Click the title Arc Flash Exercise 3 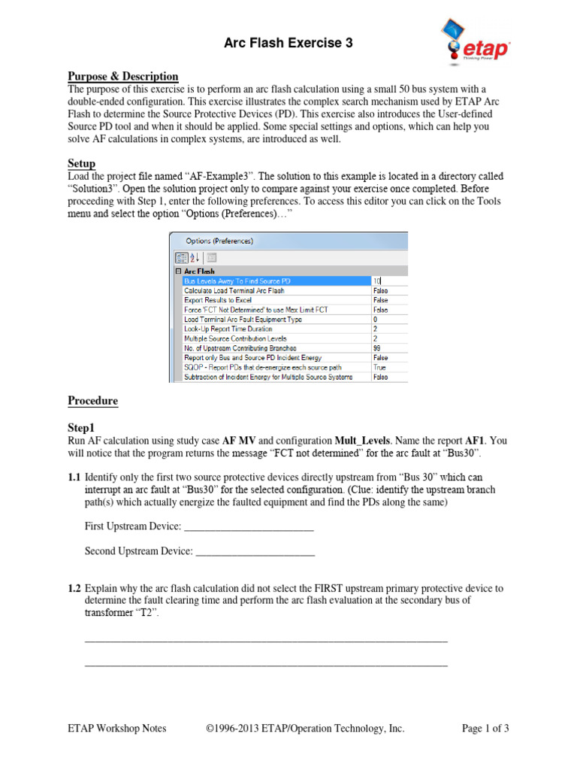pos(288,44)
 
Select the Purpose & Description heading pos(123,76)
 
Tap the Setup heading pos(81,163)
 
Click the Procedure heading pos(93,401)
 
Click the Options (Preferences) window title pos(219,241)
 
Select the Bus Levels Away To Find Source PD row pos(236,280)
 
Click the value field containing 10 pos(388,280)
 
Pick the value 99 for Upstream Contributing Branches pos(378,348)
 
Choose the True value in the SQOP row pos(379,368)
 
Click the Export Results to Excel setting pos(218,299)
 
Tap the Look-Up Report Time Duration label pos(228,329)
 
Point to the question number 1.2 pos(74,588)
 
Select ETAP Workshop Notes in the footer pos(117,728)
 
